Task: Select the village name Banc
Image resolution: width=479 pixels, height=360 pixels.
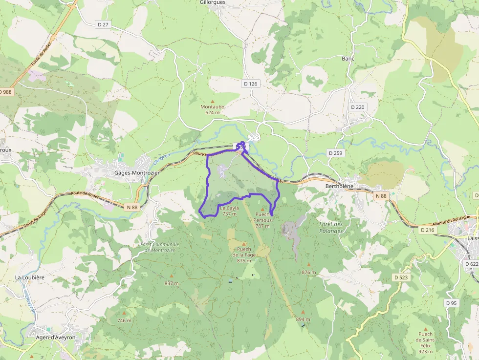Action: pos(348,59)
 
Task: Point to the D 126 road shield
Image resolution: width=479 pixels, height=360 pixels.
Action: pos(250,84)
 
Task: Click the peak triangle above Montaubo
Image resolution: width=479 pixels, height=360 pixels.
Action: pos(212,101)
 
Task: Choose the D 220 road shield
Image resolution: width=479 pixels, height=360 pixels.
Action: pos(357,107)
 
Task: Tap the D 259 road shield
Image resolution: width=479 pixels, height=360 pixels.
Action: pos(336,153)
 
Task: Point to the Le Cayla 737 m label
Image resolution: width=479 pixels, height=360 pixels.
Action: pos(229,211)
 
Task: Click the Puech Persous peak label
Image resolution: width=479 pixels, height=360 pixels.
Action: pos(262,220)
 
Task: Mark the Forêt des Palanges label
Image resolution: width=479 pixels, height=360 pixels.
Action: pos(331,227)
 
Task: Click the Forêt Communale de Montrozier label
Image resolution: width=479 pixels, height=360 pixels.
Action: pos(159,247)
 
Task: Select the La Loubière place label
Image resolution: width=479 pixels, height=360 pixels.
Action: pos(30,277)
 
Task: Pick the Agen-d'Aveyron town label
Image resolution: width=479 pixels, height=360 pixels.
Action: pos(56,337)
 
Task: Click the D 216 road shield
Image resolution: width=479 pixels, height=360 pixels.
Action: pos(427,230)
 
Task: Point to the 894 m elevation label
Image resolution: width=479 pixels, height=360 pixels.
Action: pos(303,319)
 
